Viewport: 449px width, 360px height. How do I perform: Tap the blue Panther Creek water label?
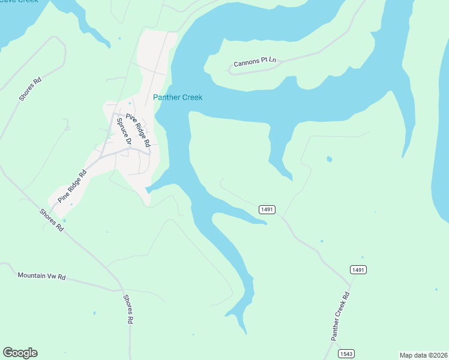pos(178,97)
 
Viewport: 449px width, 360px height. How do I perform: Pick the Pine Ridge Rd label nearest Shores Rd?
pos(72,185)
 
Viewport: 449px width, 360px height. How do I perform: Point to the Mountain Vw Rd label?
pos(41,276)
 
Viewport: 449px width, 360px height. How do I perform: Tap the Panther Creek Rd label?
pos(340,316)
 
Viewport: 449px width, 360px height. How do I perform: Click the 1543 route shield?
pos(346,353)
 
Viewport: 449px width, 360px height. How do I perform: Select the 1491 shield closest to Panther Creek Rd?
pos(358,270)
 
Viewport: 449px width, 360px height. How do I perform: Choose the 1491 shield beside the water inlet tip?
pos(267,209)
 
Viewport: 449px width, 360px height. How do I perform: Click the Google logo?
pos(20,353)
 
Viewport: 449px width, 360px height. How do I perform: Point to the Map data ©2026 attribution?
pos(423,355)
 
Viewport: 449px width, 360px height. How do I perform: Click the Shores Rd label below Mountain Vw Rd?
pos(128,309)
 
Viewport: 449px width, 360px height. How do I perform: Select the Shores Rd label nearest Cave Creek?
pos(29,89)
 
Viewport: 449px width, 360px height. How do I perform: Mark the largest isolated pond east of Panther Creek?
pos(328,159)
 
